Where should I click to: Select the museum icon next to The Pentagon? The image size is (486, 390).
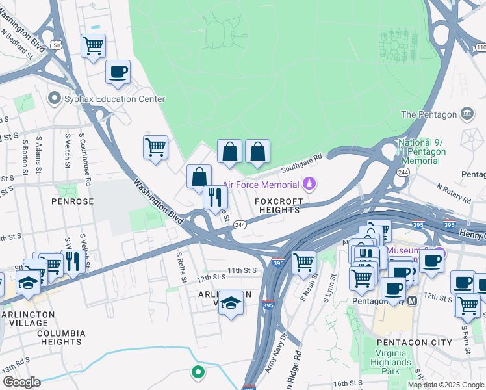pos(467,115)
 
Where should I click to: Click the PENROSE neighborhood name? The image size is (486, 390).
pos(70,202)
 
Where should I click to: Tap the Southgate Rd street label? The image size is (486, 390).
pos(301,163)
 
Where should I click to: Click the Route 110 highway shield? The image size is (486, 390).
pos(480,47)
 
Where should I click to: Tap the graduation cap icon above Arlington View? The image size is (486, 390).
pos(230,302)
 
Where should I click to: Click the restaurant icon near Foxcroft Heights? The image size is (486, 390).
pos(215,196)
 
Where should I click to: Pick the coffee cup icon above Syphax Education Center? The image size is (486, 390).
pos(118,72)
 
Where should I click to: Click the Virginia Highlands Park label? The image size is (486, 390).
pos(390,362)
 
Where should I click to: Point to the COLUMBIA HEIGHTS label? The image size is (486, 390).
pos(61,337)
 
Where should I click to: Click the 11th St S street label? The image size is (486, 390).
pos(242,269)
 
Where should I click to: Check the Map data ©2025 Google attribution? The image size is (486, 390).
pos(446,385)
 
